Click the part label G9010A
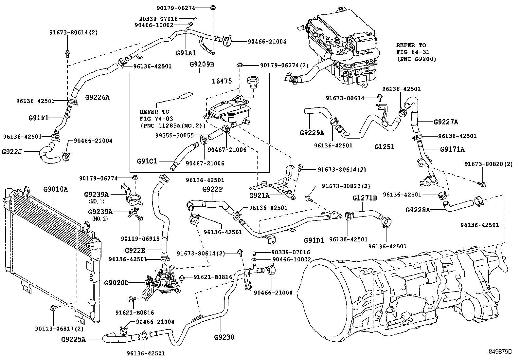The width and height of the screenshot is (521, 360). (56, 189)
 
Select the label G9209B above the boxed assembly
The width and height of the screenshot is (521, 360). (202, 64)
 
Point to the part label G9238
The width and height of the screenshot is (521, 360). (224, 337)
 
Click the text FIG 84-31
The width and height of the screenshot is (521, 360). (413, 52)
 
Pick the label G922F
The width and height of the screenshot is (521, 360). (212, 189)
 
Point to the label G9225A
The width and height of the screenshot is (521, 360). (73, 340)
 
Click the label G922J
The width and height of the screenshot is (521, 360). (12, 152)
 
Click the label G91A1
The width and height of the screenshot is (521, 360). (186, 53)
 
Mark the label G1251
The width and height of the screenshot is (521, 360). (385, 147)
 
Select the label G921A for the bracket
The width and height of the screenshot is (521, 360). (259, 196)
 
